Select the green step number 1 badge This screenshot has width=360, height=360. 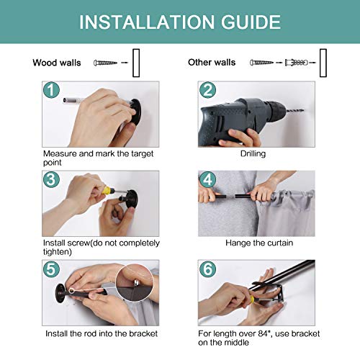pyautogui.click(x=50, y=91)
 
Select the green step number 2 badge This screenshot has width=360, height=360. pyautogui.click(x=207, y=91)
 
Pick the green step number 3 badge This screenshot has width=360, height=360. pyautogui.click(x=50, y=179)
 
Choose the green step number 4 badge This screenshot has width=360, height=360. pyautogui.click(x=207, y=179)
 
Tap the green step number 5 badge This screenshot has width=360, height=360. pyautogui.click(x=50, y=269)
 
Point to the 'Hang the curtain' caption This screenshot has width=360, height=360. pyautogui.click(x=256, y=243)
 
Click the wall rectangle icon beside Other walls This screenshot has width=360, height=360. pyautogui.click(x=323, y=63)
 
